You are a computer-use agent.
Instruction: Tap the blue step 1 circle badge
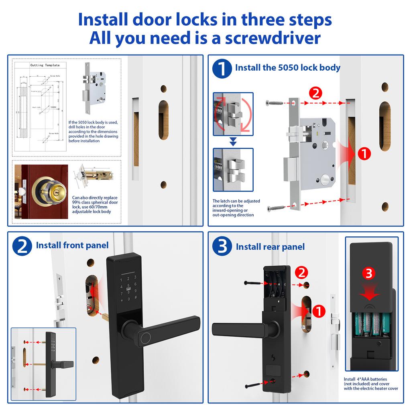click(222, 68)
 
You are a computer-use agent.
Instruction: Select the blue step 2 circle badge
click(22, 245)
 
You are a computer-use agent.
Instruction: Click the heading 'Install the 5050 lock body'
click(287, 67)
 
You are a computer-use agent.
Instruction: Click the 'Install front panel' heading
click(72, 245)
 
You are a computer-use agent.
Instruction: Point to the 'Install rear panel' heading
click(270, 246)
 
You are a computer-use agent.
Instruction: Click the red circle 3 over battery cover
click(369, 274)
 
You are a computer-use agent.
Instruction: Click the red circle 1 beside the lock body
click(364, 153)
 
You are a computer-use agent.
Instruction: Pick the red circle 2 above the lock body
click(315, 94)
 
